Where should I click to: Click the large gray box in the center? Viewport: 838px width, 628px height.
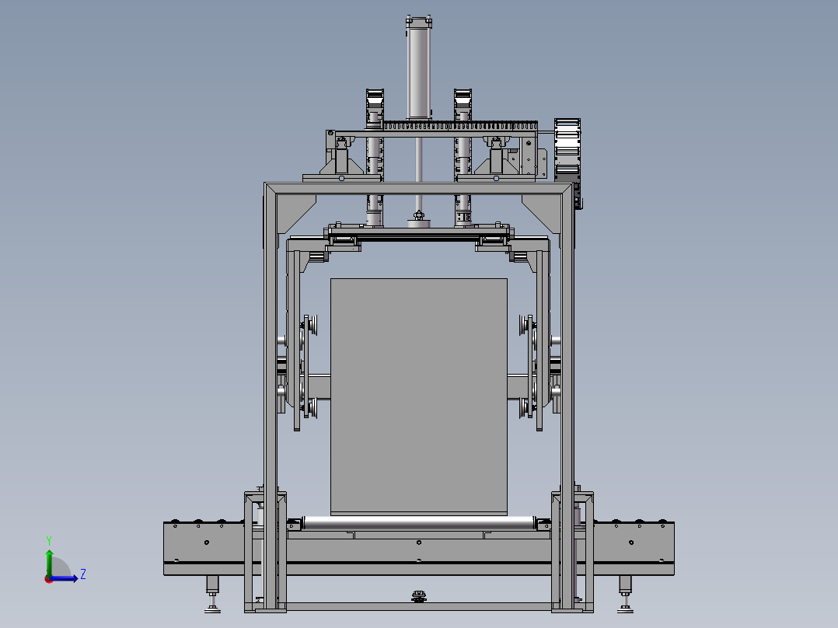point(419,396)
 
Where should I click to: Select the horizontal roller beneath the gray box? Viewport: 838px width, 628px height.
point(419,522)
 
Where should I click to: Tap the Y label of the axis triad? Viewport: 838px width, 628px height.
point(49,539)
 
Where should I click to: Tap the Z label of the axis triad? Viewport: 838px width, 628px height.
point(82,574)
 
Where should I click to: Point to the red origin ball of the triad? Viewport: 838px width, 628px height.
point(48,578)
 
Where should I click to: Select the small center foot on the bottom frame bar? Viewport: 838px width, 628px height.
point(420,596)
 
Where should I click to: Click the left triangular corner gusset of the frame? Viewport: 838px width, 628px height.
point(296,213)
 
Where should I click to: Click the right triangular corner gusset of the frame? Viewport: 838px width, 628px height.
point(541,213)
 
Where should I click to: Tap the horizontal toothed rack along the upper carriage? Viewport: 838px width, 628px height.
point(459,124)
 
